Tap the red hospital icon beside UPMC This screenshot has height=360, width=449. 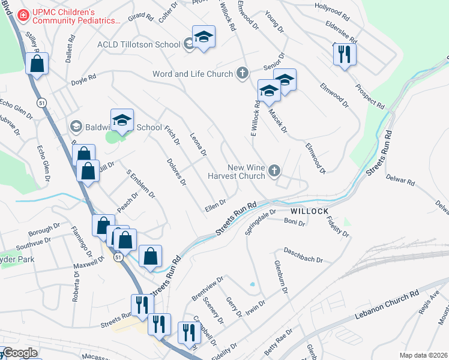point(23,14)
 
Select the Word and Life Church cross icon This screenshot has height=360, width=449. point(243,74)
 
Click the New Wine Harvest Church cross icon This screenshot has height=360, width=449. point(274,171)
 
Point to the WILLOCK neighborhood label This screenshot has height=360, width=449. point(309,212)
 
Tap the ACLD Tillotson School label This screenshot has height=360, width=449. point(139,44)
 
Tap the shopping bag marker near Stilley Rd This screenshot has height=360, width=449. point(37,64)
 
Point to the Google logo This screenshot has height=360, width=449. point(19,353)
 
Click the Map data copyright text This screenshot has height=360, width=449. point(424,355)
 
